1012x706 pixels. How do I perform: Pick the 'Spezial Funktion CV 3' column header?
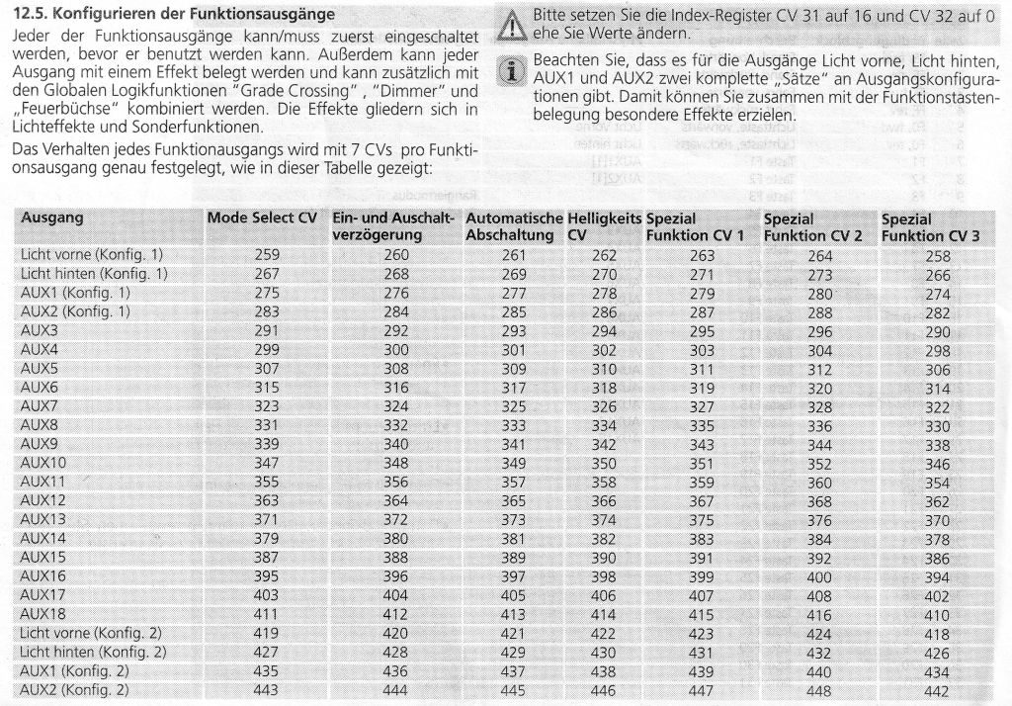pos(930,226)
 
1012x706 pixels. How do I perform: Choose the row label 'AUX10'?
pos(43,463)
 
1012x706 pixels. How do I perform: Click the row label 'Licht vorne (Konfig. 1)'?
pos(92,255)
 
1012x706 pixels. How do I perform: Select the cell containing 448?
pos(820,690)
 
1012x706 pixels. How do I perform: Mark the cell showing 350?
pos(604,463)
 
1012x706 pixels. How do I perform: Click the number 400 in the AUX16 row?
pos(820,575)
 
